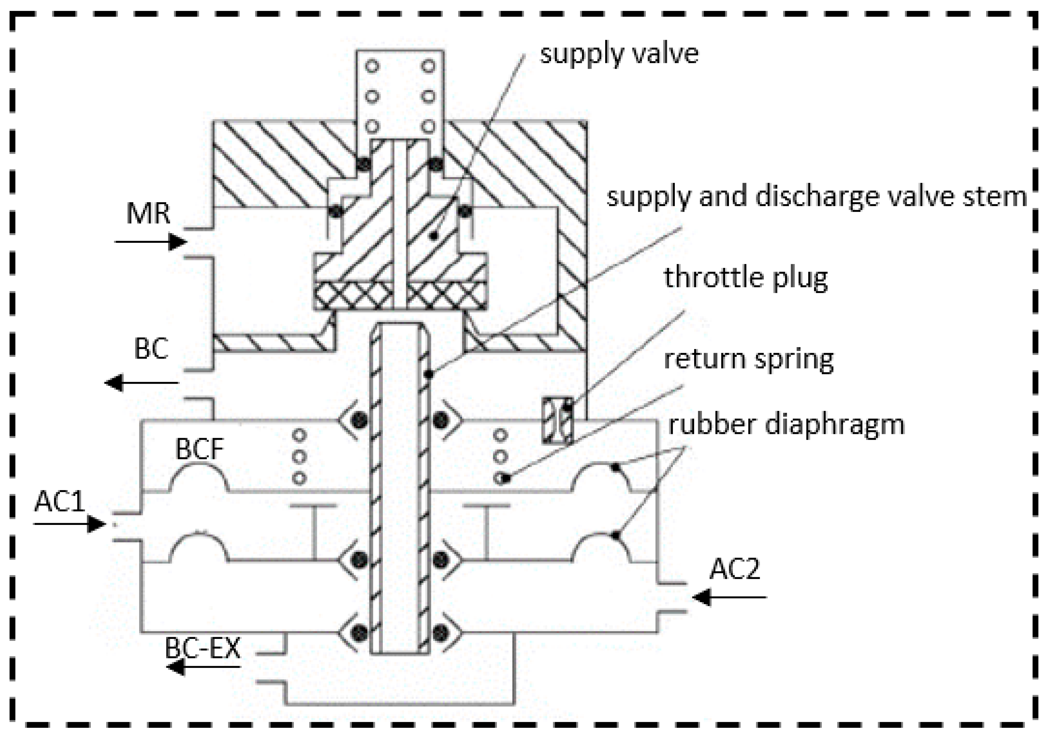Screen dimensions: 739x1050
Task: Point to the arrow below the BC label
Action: [x=142, y=382]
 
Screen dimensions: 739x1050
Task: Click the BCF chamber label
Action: [x=200, y=449]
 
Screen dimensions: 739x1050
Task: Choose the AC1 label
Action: [x=60, y=502]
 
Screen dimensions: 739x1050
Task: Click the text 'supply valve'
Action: [x=619, y=54]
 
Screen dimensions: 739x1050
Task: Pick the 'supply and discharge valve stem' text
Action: [x=817, y=197]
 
